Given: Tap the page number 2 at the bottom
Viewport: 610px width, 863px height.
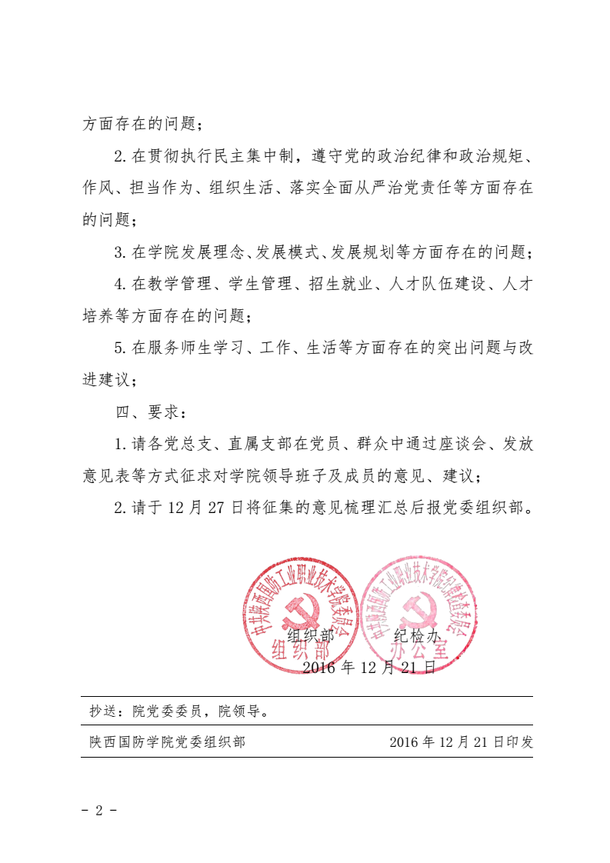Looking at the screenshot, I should point(98,811).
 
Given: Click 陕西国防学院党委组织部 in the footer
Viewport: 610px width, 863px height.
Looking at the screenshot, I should point(167,742).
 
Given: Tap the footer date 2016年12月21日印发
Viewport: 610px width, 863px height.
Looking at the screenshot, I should point(461,742).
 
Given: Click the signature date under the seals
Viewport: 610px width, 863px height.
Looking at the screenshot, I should point(369,668).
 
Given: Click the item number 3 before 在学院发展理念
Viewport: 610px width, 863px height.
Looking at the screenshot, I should point(119,252).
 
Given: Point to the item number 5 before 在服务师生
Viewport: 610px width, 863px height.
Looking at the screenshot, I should point(119,348).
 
